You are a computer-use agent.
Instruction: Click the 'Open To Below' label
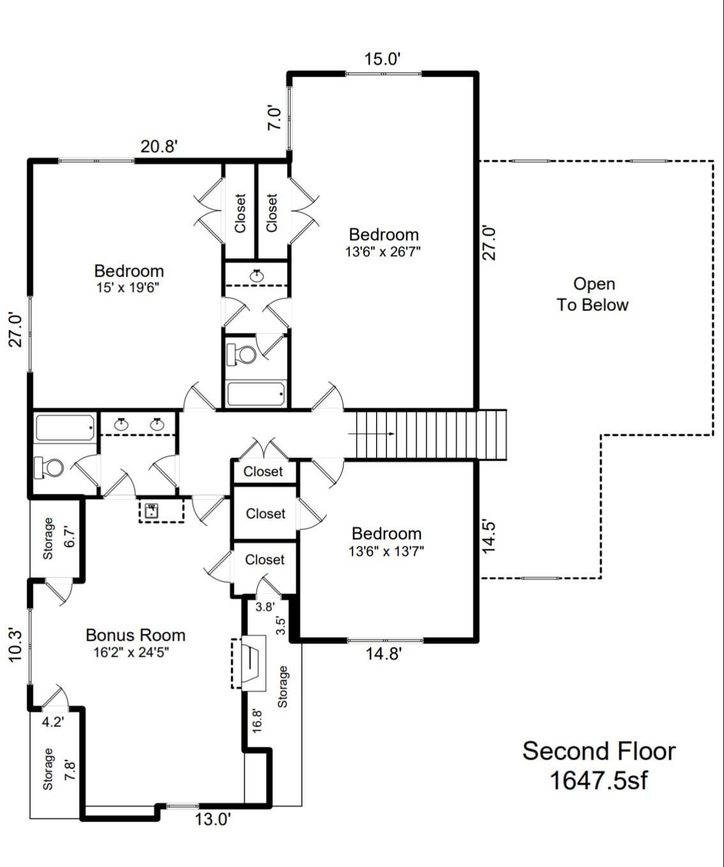pos(593,295)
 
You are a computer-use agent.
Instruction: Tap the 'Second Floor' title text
pos(598,751)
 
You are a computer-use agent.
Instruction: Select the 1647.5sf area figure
pos(598,780)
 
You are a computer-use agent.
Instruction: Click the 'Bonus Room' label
pos(135,635)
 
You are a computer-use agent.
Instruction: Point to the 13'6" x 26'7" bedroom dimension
pos(383,252)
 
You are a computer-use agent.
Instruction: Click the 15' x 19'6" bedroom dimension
pos(128,288)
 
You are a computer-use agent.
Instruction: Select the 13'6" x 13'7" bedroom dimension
pos(386,551)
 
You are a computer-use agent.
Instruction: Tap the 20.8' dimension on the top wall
pos(158,146)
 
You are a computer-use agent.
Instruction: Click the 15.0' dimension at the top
pos(382,59)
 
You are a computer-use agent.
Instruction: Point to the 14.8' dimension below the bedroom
pos(383,654)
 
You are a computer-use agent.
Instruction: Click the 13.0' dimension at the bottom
pos(213,820)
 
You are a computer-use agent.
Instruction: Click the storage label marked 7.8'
pos(48,769)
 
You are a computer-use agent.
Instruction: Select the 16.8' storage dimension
pos(257,720)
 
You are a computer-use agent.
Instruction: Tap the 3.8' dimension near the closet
pos(264,607)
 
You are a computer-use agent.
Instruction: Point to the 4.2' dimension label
pos(52,722)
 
